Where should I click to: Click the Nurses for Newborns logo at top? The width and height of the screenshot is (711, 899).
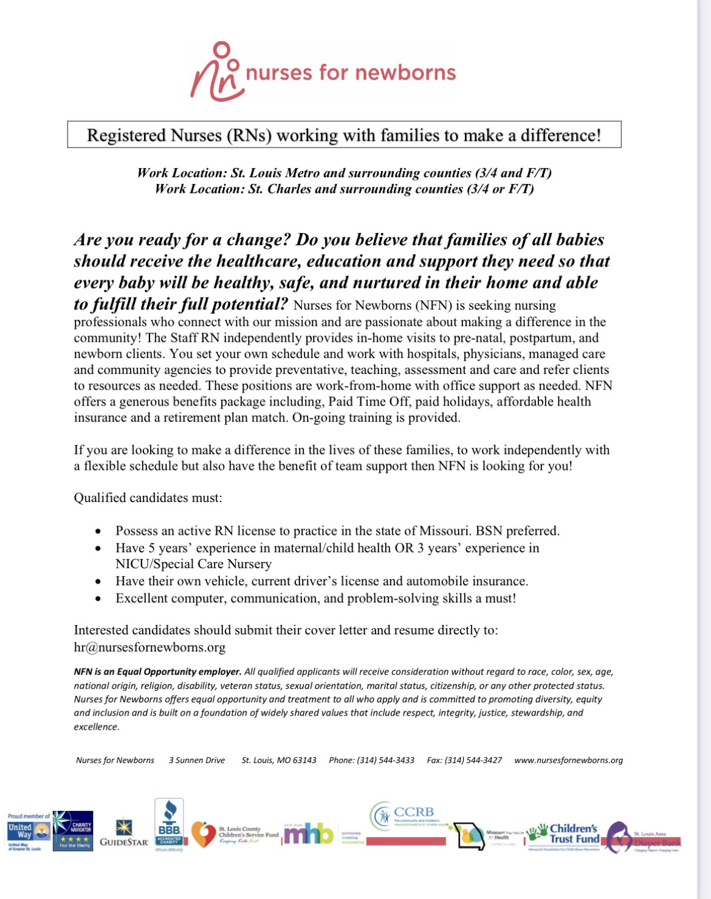323,72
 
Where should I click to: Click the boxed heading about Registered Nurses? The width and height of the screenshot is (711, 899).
344,135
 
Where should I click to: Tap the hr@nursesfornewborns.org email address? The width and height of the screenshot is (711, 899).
149,647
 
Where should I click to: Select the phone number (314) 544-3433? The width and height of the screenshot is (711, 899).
371,760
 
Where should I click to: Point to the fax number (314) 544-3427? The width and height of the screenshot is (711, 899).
464,760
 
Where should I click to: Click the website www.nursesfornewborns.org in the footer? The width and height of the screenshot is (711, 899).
568,760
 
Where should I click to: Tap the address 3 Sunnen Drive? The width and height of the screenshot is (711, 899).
197,760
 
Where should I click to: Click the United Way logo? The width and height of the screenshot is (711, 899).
29,832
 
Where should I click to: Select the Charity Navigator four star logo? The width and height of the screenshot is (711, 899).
73,830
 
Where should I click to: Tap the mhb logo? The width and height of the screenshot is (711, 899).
309,835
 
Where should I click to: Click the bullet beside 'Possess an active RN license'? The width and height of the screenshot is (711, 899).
98,531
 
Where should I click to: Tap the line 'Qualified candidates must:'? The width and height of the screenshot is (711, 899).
148,498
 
